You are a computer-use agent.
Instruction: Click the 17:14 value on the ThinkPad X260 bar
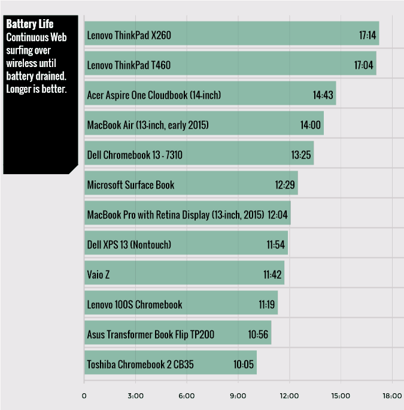click(367, 35)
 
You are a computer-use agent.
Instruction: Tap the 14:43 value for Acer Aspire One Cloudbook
click(324, 95)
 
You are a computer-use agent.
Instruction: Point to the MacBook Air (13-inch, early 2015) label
click(148, 125)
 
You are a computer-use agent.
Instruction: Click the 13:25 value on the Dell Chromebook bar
click(302, 155)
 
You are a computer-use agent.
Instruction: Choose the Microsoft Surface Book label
click(131, 185)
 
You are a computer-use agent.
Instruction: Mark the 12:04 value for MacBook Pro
click(279, 214)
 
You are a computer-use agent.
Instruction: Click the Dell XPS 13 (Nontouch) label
click(129, 244)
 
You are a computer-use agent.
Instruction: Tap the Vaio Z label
click(99, 275)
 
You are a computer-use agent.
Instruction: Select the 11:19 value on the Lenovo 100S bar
click(267, 305)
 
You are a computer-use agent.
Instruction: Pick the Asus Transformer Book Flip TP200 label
click(151, 335)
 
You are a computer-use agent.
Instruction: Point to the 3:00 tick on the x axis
click(135, 396)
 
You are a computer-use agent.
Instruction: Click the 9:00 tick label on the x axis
click(238, 396)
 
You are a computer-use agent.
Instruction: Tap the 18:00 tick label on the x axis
click(392, 396)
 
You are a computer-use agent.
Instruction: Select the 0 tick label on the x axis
click(84, 396)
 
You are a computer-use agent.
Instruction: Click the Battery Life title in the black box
click(30, 25)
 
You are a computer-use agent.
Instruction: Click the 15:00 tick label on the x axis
click(341, 396)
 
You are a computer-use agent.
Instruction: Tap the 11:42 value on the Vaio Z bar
click(272, 275)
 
